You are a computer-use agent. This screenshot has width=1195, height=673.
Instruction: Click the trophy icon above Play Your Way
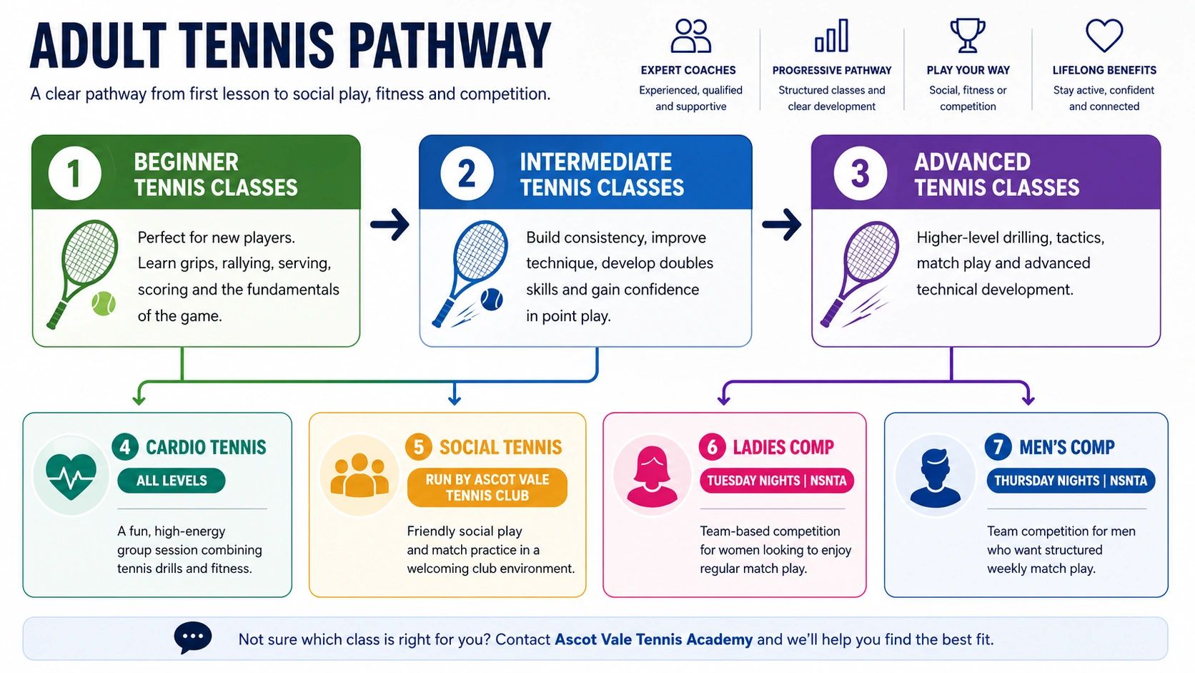pyautogui.click(x=967, y=36)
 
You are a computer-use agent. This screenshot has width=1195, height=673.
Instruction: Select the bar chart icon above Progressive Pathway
pyautogui.click(x=831, y=36)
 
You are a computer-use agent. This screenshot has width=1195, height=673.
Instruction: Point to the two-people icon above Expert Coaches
pyautogui.click(x=690, y=36)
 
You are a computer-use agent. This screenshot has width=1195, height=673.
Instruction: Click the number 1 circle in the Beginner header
pyautogui.click(x=74, y=174)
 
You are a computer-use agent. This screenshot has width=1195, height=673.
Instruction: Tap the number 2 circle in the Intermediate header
pyautogui.click(x=467, y=174)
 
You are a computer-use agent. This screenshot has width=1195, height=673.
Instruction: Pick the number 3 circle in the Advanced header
pyautogui.click(x=860, y=174)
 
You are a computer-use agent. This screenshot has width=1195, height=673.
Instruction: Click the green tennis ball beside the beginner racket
pyautogui.click(x=104, y=304)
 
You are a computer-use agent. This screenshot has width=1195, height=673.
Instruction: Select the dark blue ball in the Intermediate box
pyautogui.click(x=491, y=300)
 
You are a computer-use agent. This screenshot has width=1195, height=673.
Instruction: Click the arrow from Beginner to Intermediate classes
pyautogui.click(x=390, y=224)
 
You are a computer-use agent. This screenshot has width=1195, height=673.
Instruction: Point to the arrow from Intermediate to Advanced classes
pyautogui.click(x=782, y=224)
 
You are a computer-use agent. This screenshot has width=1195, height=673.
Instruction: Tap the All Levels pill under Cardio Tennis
pyautogui.click(x=172, y=481)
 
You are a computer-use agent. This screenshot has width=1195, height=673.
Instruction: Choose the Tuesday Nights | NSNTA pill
pyautogui.click(x=777, y=481)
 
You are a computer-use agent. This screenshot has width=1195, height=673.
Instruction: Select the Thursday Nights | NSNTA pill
pyautogui.click(x=1071, y=481)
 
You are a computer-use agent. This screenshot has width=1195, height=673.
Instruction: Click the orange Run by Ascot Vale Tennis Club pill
pyautogui.click(x=487, y=487)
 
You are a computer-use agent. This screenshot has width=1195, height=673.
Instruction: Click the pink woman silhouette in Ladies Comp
pyautogui.click(x=651, y=476)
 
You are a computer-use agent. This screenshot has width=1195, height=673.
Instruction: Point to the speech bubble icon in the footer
pyautogui.click(x=192, y=637)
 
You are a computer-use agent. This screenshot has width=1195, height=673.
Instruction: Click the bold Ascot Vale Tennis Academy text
pyautogui.click(x=653, y=639)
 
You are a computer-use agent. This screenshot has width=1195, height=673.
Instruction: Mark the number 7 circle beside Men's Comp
pyautogui.click(x=998, y=446)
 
